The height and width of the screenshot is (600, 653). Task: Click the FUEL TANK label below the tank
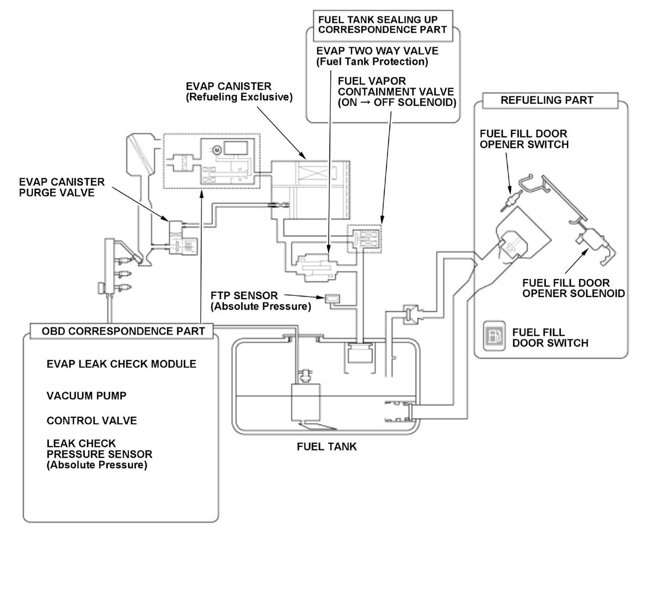[326, 447]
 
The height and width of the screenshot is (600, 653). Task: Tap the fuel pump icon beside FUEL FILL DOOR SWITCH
[494, 337]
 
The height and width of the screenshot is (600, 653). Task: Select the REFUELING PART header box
[546, 100]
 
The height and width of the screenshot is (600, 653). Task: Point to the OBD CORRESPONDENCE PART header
[123, 331]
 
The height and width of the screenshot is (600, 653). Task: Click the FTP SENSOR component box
[331, 298]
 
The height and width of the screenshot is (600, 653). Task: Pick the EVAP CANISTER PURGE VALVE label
[61, 187]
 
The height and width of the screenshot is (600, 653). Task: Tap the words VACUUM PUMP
[87, 396]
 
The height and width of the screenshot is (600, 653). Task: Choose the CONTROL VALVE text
[91, 421]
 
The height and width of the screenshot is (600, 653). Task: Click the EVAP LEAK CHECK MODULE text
[121, 364]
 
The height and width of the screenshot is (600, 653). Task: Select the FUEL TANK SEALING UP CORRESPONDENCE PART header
[382, 25]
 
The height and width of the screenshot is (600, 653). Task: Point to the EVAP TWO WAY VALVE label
[377, 56]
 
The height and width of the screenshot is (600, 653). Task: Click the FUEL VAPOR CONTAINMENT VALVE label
[397, 91]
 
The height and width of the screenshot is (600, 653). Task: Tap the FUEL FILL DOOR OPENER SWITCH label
[523, 139]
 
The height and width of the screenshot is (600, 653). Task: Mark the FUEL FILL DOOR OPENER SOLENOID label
[573, 288]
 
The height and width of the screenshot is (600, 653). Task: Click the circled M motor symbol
[215, 149]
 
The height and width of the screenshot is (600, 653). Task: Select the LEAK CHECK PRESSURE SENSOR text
[99, 454]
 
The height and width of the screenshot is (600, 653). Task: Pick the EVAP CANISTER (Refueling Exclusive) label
[239, 91]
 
